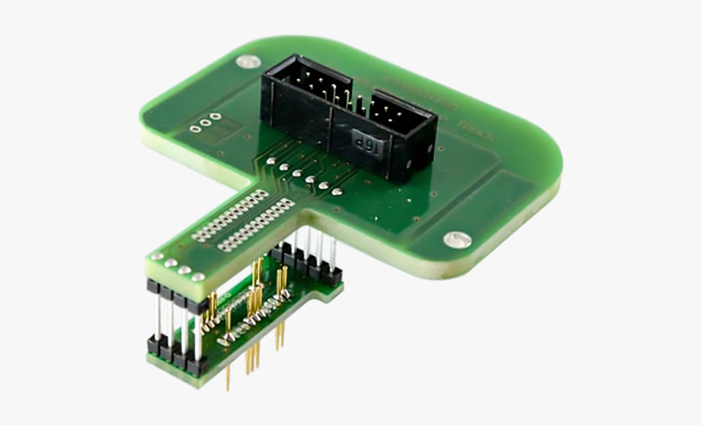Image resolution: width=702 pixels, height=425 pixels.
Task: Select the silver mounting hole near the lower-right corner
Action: [456, 240]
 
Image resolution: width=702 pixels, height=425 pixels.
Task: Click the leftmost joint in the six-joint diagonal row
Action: [270, 162]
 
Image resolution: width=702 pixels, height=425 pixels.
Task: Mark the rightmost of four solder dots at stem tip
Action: [198, 277]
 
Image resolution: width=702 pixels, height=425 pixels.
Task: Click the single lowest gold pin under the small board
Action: [229, 376]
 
